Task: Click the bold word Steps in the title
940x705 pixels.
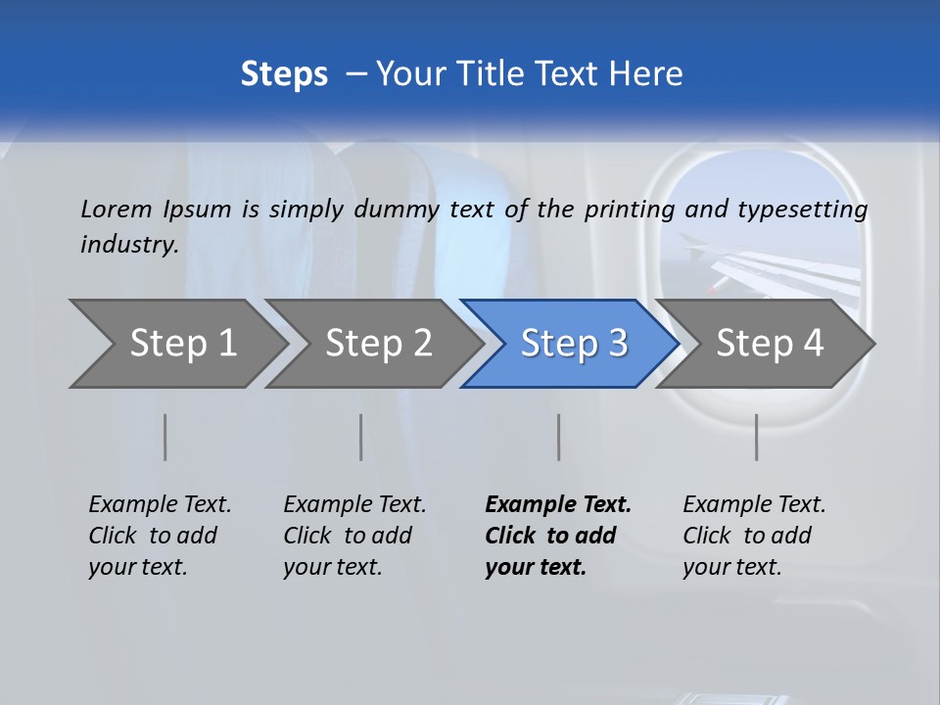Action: click(x=284, y=74)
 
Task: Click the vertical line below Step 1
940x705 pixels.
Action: click(x=165, y=437)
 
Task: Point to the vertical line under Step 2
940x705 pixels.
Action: click(x=361, y=437)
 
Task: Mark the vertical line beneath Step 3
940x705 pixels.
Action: click(x=559, y=437)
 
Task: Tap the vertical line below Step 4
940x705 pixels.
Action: click(x=757, y=437)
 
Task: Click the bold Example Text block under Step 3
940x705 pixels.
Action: click(x=558, y=536)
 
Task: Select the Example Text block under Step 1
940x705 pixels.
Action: click(x=160, y=536)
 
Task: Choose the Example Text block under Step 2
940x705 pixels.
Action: click(x=354, y=536)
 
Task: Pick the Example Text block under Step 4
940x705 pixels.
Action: click(x=754, y=536)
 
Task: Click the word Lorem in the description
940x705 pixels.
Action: click(x=117, y=209)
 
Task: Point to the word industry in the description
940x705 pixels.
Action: click(x=129, y=244)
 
